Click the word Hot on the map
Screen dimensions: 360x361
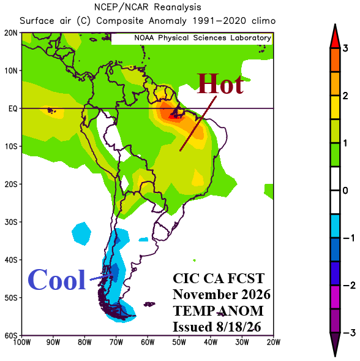click(220, 84)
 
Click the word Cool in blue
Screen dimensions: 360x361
click(56, 279)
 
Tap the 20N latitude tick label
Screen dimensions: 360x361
click(11, 33)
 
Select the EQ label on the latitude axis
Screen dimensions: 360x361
click(13, 108)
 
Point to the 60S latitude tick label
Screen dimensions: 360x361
click(11, 335)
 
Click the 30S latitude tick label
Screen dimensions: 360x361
click(11, 222)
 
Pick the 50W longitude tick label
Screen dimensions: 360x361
click(179, 343)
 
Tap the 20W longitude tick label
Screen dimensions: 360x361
click(274, 343)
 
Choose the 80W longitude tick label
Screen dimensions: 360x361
click(84, 343)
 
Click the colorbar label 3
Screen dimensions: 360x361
click(345, 48)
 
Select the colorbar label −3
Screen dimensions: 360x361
click(349, 333)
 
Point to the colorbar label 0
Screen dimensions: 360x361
click(345, 191)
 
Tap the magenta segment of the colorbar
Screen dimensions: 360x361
click(335, 297)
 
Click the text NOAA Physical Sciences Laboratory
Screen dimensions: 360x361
click(203, 38)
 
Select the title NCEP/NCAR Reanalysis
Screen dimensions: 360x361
click(148, 7)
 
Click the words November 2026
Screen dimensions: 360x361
click(222, 294)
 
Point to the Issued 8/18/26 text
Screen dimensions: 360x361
click(217, 327)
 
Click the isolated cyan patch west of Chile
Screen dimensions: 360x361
click(81, 234)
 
